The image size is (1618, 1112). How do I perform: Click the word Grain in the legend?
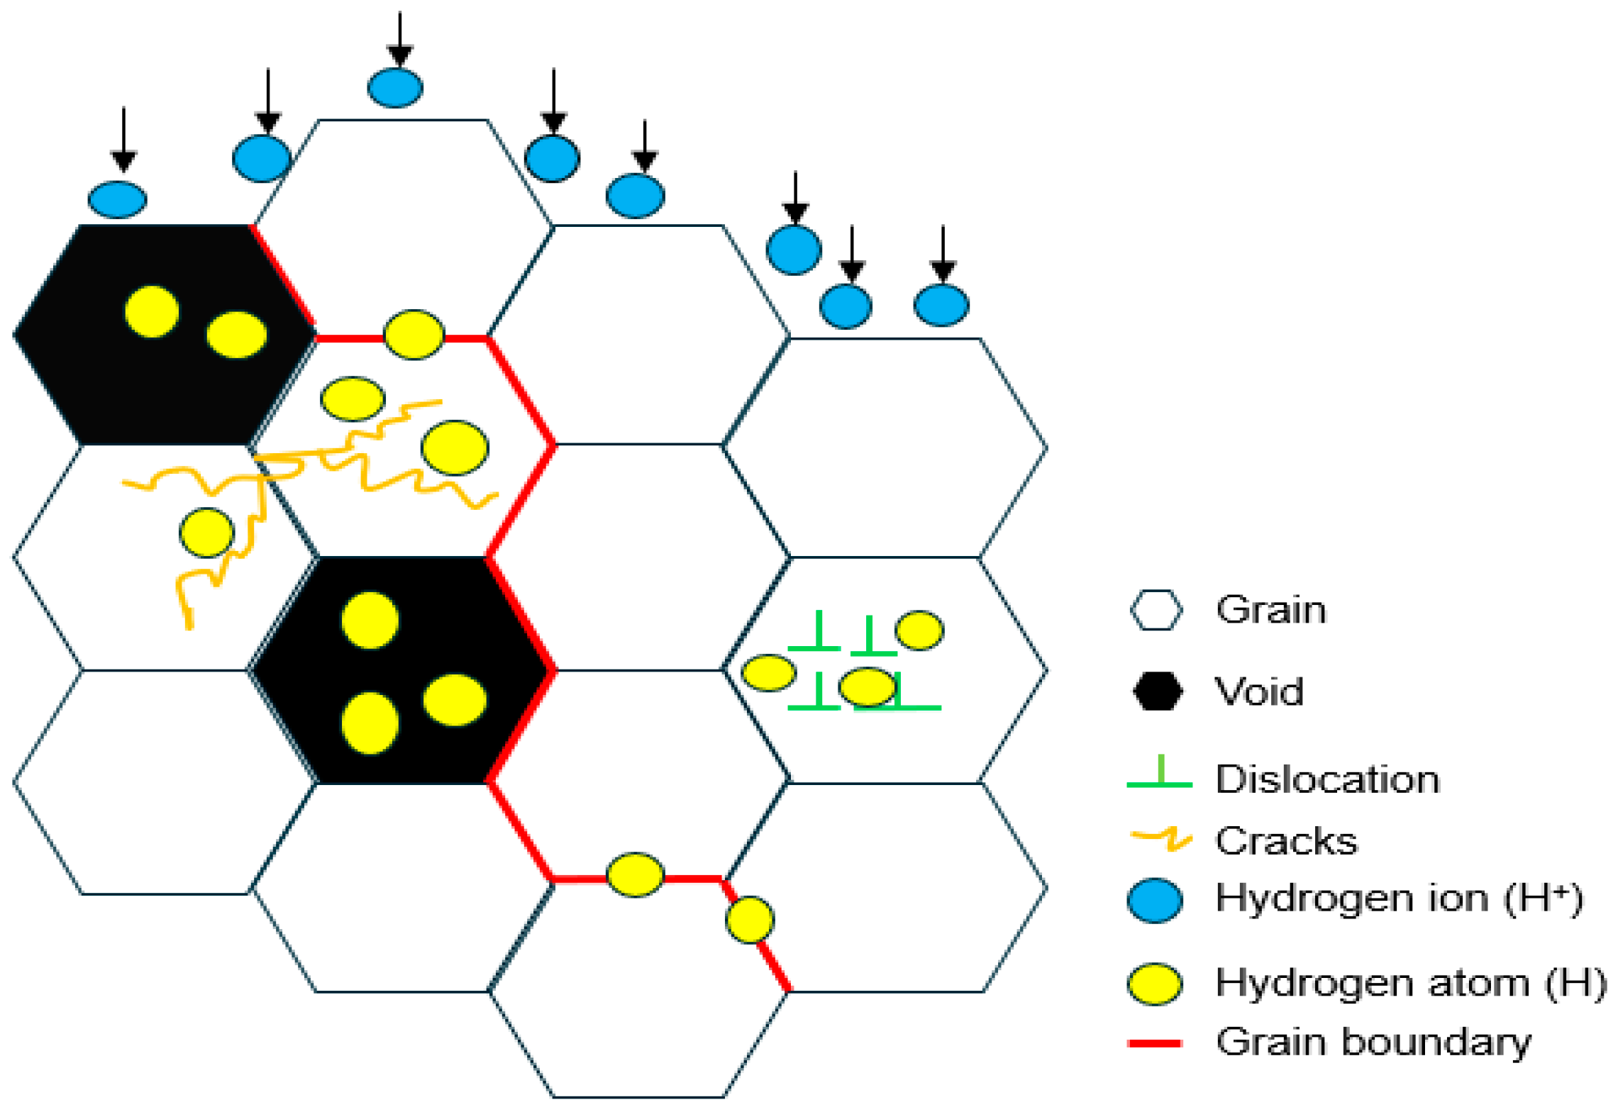pyautogui.click(x=1270, y=610)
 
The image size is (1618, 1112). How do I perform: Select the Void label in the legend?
pyautogui.click(x=1259, y=691)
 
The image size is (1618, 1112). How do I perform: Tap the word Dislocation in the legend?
pyautogui.click(x=1327, y=779)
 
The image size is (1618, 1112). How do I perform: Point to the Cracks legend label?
pyautogui.click(x=1286, y=841)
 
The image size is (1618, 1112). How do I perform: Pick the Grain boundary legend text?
pyautogui.click(x=1373, y=1042)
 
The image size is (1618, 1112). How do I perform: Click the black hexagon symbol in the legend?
pyautogui.click(x=1157, y=691)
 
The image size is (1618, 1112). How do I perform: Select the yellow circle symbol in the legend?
pyautogui.click(x=1155, y=984)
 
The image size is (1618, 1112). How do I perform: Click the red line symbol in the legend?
pyautogui.click(x=1154, y=1043)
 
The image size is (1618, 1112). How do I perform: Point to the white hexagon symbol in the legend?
pyautogui.click(x=1156, y=610)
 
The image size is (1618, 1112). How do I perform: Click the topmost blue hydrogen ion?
pyautogui.click(x=395, y=88)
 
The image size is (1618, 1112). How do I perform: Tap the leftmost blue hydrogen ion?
pyautogui.click(x=117, y=199)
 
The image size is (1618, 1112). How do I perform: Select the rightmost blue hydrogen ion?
pyautogui.click(x=941, y=306)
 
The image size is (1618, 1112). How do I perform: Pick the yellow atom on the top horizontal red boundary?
pyautogui.click(x=414, y=334)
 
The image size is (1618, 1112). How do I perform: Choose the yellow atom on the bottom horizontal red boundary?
pyautogui.click(x=635, y=874)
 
